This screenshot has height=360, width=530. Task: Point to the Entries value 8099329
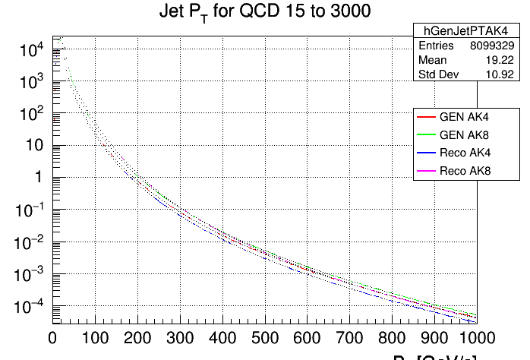pyautogui.click(x=497, y=46)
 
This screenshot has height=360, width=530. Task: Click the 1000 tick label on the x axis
pyautogui.click(x=476, y=336)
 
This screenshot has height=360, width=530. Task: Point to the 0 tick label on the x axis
pyautogui.click(x=52, y=336)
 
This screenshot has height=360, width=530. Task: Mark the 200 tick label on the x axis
pyautogui.click(x=137, y=336)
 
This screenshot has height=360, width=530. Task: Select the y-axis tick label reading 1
pyautogui.click(x=38, y=178)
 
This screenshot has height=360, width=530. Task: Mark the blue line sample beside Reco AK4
pyautogui.click(x=426, y=153)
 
